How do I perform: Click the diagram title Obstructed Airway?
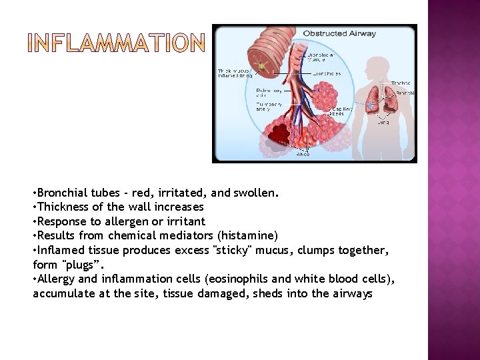[339, 33]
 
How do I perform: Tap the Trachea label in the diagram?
[401, 83]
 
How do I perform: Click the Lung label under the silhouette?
[383, 122]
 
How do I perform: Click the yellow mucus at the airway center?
[264, 66]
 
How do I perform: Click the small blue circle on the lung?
[369, 105]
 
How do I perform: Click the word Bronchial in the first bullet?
[63, 193]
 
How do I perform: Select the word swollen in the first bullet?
[255, 193]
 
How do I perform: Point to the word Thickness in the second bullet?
[64, 207]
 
